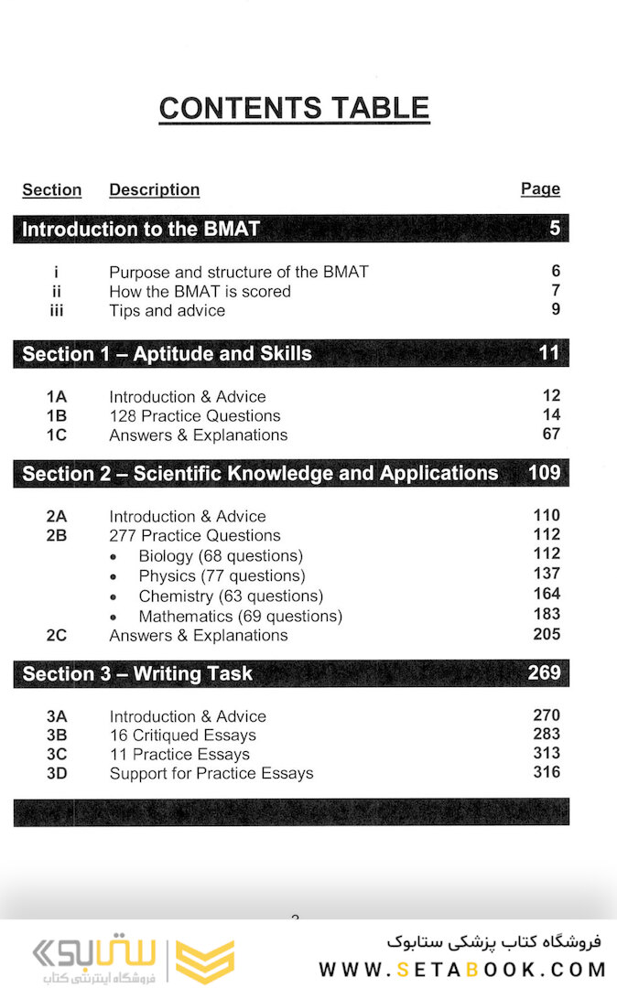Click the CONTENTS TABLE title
point(294,108)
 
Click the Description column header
point(154,189)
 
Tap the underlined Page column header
point(540,188)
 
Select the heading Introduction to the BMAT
point(141,229)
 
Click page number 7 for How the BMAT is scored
point(555,291)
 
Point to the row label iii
point(56,311)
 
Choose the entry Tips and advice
point(167,311)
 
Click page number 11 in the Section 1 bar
point(548,353)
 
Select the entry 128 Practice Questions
point(194,416)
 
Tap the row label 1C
point(56,435)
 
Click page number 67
point(550,434)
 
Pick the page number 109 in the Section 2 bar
point(545,473)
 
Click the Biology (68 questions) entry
point(221,556)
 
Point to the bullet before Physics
point(113,576)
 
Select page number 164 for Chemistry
point(547,595)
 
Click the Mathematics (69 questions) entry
point(240,617)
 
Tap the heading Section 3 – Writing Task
point(137,674)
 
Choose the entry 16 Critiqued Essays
point(182,736)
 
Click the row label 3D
point(56,774)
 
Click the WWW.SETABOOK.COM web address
point(461,969)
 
